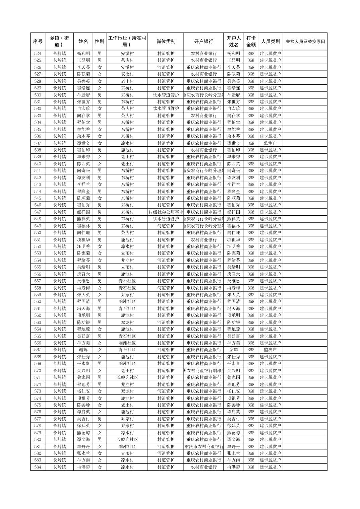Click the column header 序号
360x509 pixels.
pos(38,42)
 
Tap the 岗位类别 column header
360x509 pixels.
pos(166,42)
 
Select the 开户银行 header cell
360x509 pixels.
pos(203,42)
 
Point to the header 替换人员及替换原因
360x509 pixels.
pos(305,42)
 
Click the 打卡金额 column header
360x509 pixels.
pos(251,42)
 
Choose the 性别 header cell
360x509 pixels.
pos(100,42)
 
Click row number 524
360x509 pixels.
pos(38,54)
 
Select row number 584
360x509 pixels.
pos(38,467)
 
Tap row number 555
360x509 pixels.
pos(38,267)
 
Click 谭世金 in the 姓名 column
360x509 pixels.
pos(83,143)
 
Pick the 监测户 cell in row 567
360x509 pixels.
pos(270,350)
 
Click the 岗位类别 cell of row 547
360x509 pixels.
pos(166,212)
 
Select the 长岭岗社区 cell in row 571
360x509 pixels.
pos(127,377)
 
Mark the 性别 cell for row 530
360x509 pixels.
pos(100,95)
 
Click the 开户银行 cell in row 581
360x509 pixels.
pos(203,446)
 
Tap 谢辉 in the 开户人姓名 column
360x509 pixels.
pos(233,350)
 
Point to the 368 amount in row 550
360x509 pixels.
pos(251,233)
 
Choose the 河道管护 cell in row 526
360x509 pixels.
pos(166,67)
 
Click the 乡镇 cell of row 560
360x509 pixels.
pos(59,301)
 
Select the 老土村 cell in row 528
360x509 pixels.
pos(127,81)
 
